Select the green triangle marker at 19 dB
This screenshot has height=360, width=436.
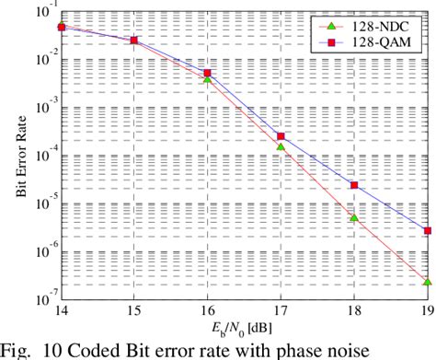click(x=428, y=282)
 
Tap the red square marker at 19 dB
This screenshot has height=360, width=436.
click(x=428, y=231)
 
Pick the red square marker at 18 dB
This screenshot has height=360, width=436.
click(x=354, y=185)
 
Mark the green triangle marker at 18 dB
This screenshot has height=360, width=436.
click(x=354, y=218)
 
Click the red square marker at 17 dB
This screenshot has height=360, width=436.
click(x=281, y=137)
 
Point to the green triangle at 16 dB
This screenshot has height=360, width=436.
click(x=208, y=80)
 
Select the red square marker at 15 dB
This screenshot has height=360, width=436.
click(x=134, y=41)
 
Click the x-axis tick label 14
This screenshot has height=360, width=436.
click(x=61, y=310)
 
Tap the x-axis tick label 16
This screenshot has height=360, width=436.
click(x=208, y=310)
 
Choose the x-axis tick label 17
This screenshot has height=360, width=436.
click(x=281, y=310)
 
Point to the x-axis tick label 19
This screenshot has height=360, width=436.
click(x=425, y=310)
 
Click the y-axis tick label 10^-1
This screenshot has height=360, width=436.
click(x=40, y=10)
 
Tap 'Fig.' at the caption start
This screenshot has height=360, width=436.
click(x=17, y=347)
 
